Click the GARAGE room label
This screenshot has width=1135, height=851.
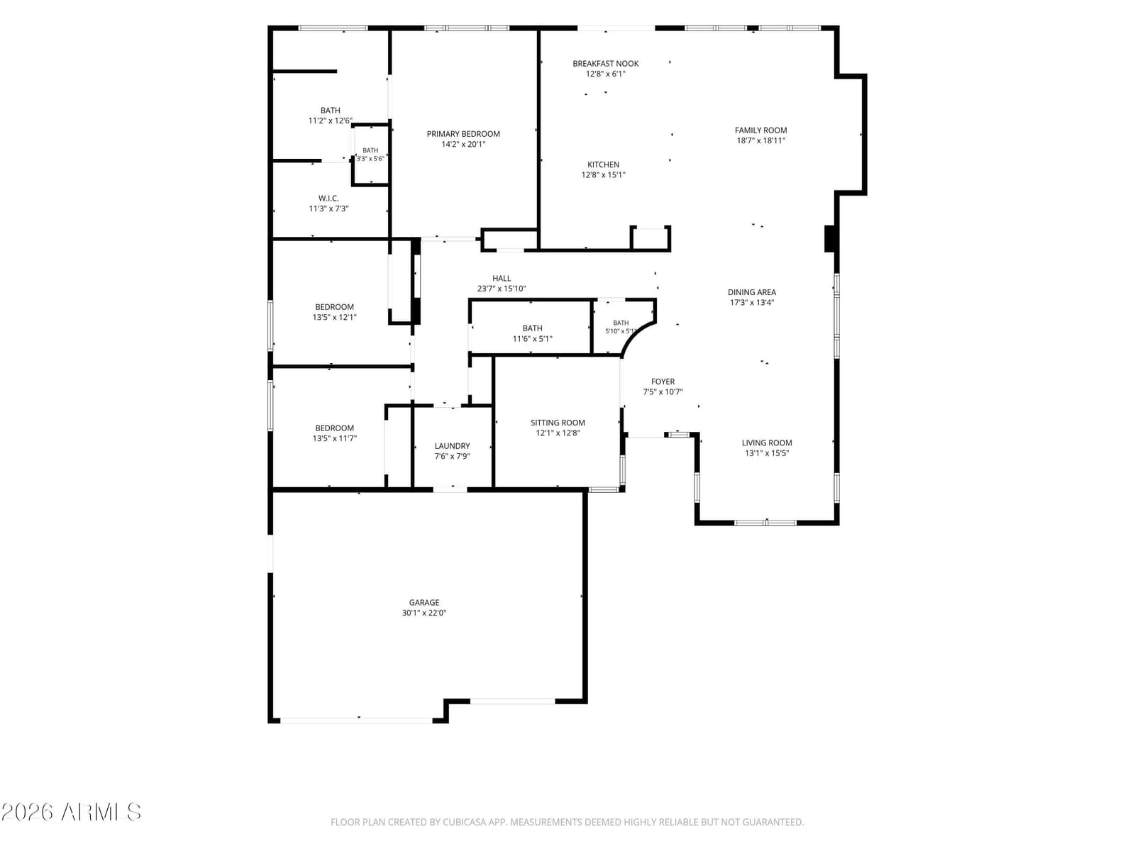pyautogui.click(x=424, y=603)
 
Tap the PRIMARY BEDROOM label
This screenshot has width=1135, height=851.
pyautogui.click(x=463, y=134)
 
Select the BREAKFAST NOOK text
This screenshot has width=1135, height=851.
pyautogui.click(x=606, y=64)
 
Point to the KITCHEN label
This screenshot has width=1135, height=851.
pyautogui.click(x=604, y=165)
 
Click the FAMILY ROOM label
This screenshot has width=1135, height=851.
pyautogui.click(x=760, y=130)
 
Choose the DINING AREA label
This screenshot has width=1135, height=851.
pyautogui.click(x=752, y=292)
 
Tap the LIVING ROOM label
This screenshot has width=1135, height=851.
pyautogui.click(x=767, y=443)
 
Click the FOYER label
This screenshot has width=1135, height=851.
pyautogui.click(x=663, y=382)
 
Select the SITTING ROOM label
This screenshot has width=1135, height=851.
pyautogui.click(x=558, y=423)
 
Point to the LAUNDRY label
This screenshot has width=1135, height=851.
pyautogui.click(x=452, y=446)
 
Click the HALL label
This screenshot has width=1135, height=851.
pyautogui.click(x=502, y=278)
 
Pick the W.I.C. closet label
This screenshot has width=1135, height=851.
pyautogui.click(x=328, y=199)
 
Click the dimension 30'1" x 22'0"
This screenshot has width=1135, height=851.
pyautogui.click(x=424, y=613)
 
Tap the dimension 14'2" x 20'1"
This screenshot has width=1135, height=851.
pyautogui.click(x=463, y=144)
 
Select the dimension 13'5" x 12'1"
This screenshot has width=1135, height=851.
pyautogui.click(x=335, y=317)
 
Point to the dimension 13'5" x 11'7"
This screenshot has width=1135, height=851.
pyautogui.click(x=335, y=438)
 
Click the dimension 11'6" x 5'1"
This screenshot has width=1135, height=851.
pyautogui.click(x=532, y=339)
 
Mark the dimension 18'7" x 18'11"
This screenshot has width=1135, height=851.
pyautogui.click(x=760, y=140)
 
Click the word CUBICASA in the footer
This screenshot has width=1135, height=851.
pyautogui.click(x=465, y=822)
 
